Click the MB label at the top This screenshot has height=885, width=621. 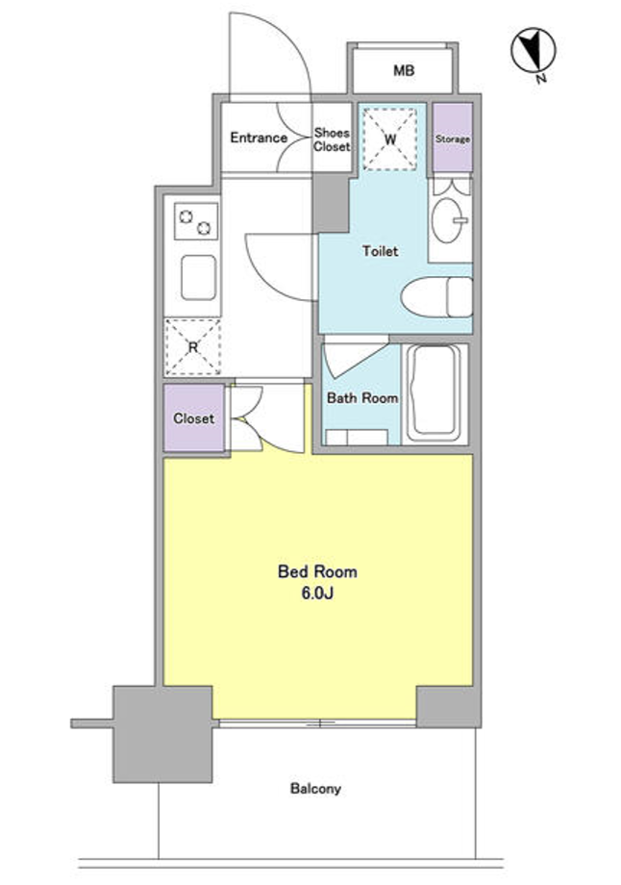click(x=404, y=70)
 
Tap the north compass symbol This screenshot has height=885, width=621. click(x=533, y=51)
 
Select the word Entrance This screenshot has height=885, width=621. click(x=259, y=138)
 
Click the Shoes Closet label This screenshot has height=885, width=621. click(x=332, y=139)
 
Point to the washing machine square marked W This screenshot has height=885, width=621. click(x=389, y=139)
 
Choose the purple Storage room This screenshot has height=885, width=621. click(x=453, y=138)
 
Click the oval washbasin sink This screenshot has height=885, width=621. click(x=448, y=220)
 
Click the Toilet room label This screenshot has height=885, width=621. click(x=380, y=251)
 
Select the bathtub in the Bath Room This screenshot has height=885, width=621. click(x=435, y=394)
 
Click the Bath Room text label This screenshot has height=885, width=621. click(x=362, y=398)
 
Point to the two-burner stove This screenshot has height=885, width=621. click(x=196, y=220)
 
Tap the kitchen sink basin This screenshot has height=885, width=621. click(x=199, y=277)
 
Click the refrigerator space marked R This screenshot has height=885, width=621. click(x=193, y=347)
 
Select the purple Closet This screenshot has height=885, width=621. click(x=194, y=417)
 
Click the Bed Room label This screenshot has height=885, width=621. click(x=317, y=571)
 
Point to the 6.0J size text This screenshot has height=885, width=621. click(x=316, y=594)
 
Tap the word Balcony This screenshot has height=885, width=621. click(x=315, y=789)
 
